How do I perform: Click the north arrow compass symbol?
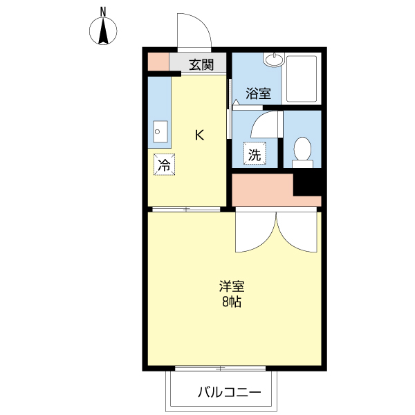coord(104,31)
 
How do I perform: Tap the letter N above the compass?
coord(103,11)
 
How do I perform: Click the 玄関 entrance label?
coord(201,65)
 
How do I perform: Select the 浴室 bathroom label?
coord(258,93)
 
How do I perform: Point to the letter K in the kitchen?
coord(199,136)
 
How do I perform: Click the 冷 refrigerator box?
coord(164,165)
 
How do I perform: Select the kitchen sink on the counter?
coord(160,131)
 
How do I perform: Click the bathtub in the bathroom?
coord(302,80)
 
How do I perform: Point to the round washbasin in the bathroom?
coord(275,60)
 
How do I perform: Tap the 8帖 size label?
coord(232,302)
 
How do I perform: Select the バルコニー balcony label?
coord(230,393)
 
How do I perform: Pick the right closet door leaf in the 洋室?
coord(297,232)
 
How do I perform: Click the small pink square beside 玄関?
coord(158,62)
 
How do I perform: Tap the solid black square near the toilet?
coord(308,183)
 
